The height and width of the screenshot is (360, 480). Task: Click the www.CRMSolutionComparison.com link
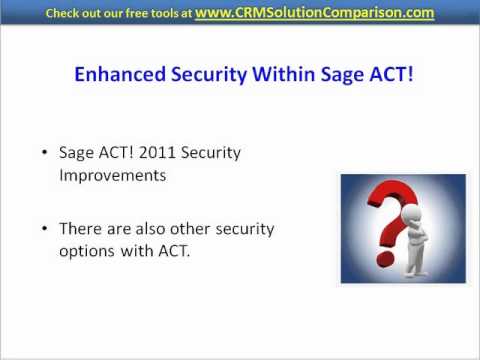pyautogui.click(x=327, y=13)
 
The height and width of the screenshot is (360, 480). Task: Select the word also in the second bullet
pyautogui.click(x=168, y=229)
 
